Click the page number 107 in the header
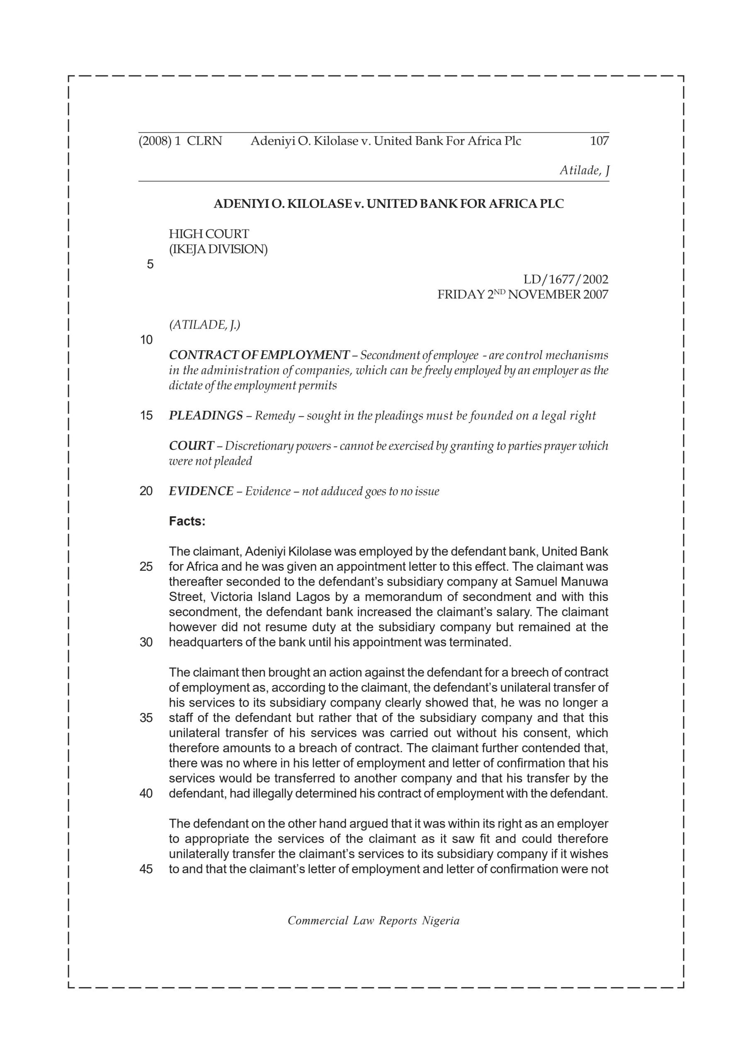(599, 141)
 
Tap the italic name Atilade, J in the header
(584, 170)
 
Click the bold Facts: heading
(187, 521)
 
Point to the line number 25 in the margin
(146, 567)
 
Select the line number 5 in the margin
(150, 264)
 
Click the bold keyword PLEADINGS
(206, 415)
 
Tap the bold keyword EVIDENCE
(201, 491)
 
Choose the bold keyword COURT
(192, 446)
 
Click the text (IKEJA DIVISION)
(218, 249)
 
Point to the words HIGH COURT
(209, 234)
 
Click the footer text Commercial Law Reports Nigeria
(374, 921)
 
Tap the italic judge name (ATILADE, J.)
(204, 325)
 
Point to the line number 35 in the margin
(146, 718)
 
